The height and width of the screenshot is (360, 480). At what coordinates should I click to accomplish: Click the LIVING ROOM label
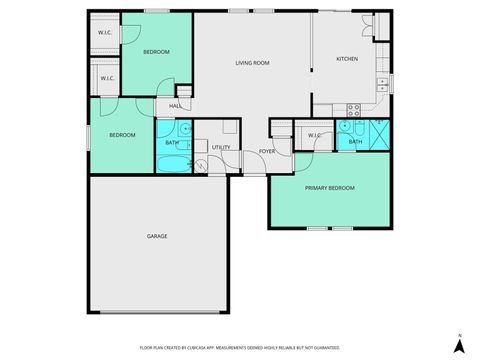point(252,63)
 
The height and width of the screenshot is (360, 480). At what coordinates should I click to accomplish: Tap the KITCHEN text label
point(347,59)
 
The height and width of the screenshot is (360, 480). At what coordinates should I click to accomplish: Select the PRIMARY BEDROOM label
point(329,187)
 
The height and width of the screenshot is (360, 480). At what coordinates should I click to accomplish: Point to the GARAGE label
point(157,236)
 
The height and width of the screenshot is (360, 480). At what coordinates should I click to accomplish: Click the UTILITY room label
point(221,148)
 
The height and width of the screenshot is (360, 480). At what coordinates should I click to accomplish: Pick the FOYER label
point(267,151)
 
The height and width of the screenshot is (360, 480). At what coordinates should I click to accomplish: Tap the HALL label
point(175,106)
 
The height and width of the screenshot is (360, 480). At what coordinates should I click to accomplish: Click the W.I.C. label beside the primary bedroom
point(314,135)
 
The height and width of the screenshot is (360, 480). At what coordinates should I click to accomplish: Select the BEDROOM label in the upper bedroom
point(156,51)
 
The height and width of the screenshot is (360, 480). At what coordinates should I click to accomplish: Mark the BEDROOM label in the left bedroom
point(122,134)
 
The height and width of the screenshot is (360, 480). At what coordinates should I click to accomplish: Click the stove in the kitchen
point(353,107)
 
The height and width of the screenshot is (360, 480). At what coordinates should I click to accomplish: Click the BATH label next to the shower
point(355,142)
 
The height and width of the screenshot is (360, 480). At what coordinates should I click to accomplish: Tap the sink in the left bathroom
point(185,129)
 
